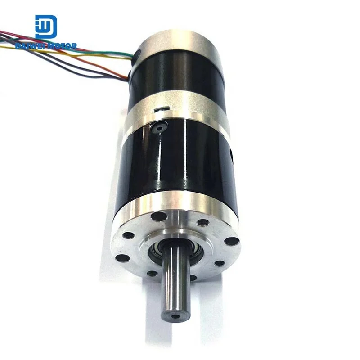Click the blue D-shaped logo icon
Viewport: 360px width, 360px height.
46,27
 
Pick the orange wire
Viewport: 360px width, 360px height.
90,61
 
